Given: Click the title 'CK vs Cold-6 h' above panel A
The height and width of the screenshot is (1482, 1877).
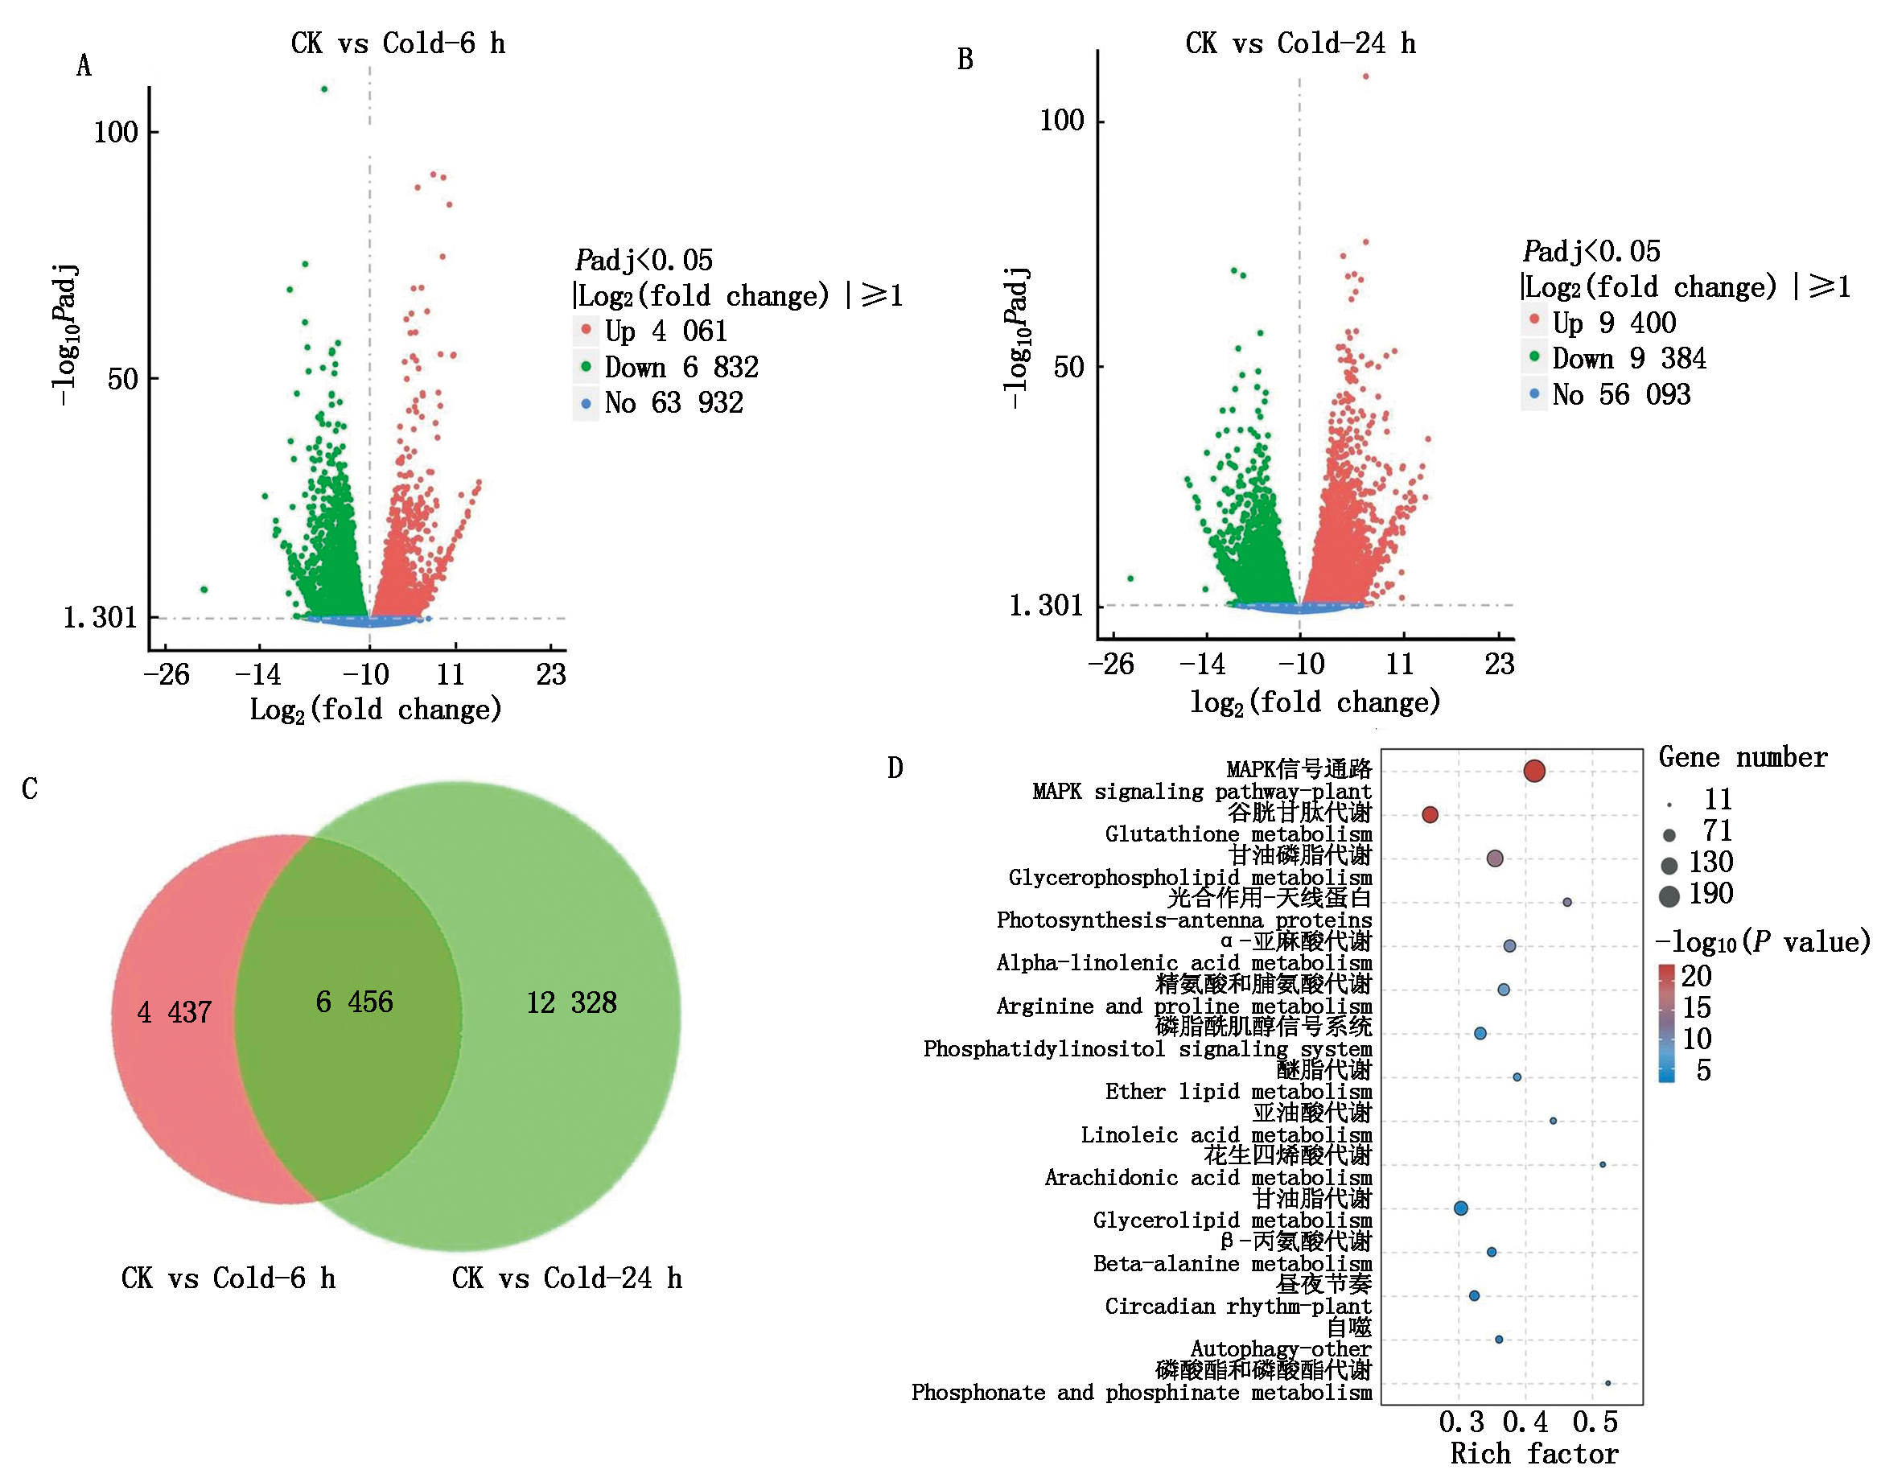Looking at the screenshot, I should click(x=397, y=43).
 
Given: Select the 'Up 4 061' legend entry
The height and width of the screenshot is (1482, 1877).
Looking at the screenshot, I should click(x=665, y=331).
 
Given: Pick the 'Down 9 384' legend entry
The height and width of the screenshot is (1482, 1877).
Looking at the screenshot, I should click(x=1628, y=358).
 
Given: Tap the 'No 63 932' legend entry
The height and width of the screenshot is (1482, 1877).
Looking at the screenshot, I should click(x=673, y=402).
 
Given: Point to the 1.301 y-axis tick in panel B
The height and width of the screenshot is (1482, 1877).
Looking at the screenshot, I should click(x=1046, y=605).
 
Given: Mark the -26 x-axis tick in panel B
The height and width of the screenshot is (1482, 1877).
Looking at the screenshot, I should click(x=1111, y=664).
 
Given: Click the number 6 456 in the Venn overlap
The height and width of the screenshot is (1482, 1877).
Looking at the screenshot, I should click(x=354, y=1002).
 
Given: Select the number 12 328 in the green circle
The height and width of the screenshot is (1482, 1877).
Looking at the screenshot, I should click(x=571, y=1002).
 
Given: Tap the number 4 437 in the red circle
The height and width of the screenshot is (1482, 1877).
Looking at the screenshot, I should click(x=175, y=1011).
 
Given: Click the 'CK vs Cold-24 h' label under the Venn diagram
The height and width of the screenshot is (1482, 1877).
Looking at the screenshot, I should click(x=566, y=1278).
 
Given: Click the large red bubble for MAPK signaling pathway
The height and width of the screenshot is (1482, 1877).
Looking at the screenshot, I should click(x=1533, y=771).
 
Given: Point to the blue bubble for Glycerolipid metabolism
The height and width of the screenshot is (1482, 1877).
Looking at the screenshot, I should click(x=1460, y=1208).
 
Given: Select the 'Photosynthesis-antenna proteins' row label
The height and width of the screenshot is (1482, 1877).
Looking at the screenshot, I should click(x=1183, y=920).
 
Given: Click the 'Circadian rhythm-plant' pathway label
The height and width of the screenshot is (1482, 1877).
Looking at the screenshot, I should click(x=1237, y=1306).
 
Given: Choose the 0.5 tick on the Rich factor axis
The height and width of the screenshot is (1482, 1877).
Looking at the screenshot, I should click(x=1595, y=1422).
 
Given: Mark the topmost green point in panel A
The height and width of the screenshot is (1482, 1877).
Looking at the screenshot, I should click(x=324, y=89).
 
